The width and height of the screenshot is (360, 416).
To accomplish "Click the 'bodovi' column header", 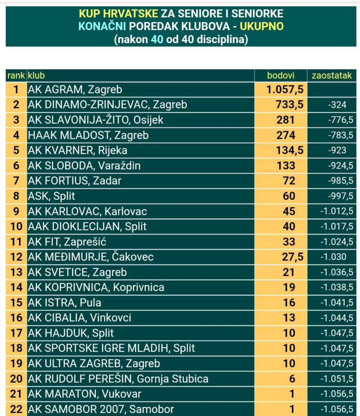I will click(x=281, y=76).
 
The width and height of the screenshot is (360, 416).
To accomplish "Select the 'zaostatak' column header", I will click(x=332, y=76).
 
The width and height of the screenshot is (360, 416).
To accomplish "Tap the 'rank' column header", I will click(x=16, y=76).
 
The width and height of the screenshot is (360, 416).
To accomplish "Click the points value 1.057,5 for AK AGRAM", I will click(x=285, y=89).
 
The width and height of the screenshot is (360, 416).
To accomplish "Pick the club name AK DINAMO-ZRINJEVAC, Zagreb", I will click(x=108, y=104).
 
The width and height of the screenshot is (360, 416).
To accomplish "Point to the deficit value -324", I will click(x=337, y=105).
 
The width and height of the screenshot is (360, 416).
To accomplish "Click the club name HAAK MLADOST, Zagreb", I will click(x=88, y=135).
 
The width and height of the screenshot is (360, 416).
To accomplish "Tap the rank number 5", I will click(x=16, y=150).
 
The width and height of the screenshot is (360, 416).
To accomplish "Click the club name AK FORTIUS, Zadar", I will click(x=75, y=181).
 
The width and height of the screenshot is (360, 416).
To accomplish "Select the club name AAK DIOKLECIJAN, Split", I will click(x=87, y=226).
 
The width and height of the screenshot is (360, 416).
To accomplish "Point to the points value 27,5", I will click(x=293, y=257).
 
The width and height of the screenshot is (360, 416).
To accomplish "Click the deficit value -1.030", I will click(x=333, y=257).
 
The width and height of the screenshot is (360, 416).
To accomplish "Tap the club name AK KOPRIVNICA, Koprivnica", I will click(x=96, y=287).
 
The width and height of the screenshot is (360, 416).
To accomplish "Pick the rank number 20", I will click(x=16, y=379).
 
